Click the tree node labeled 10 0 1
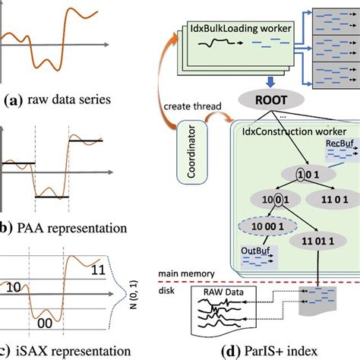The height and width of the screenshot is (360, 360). (x=264, y=201)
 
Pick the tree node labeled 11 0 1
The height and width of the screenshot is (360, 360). (x=329, y=201)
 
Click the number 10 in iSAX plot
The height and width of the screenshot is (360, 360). (x=14, y=289)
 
